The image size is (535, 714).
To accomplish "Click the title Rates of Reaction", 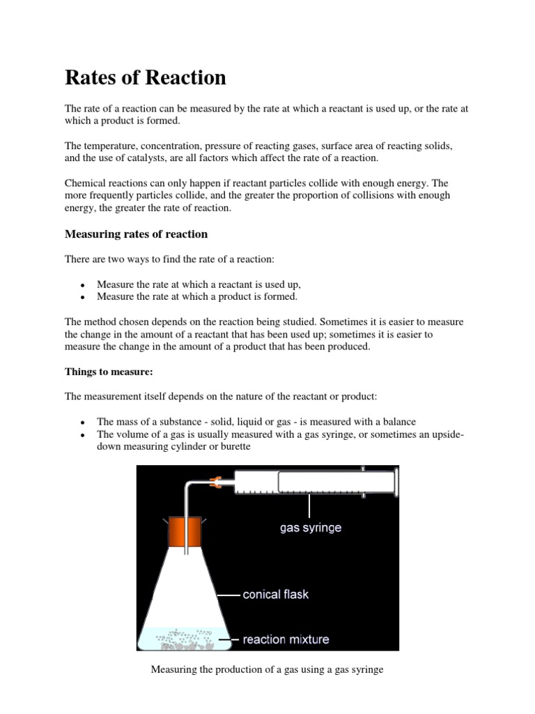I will (x=146, y=78).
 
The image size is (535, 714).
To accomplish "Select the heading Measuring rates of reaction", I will (x=136, y=234).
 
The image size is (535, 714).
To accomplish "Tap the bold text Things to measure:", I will (x=109, y=372).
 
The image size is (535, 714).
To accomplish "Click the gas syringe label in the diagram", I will (x=311, y=528).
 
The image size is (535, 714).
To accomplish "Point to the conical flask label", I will (x=275, y=595).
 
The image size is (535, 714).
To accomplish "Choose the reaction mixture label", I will (x=286, y=639).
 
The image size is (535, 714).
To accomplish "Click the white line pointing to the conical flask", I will (x=228, y=595).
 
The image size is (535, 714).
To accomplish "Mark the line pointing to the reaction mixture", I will (x=229, y=639).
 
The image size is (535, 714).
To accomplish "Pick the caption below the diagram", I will (x=267, y=670).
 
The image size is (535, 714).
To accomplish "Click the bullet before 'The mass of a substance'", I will (x=82, y=423).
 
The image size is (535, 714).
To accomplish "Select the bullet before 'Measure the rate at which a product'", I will (x=82, y=297).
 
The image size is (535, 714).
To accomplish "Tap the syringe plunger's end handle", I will (x=394, y=482).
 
